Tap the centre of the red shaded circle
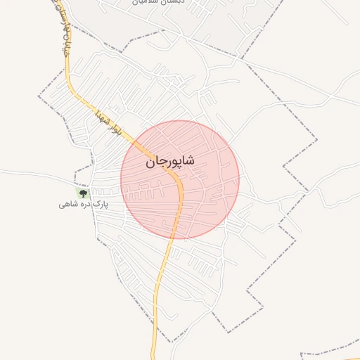coord(180,180)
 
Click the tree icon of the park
coord(83,192)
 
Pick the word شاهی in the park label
coord(68,205)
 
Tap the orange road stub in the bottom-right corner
coord(330,352)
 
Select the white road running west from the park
coord(35,174)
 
